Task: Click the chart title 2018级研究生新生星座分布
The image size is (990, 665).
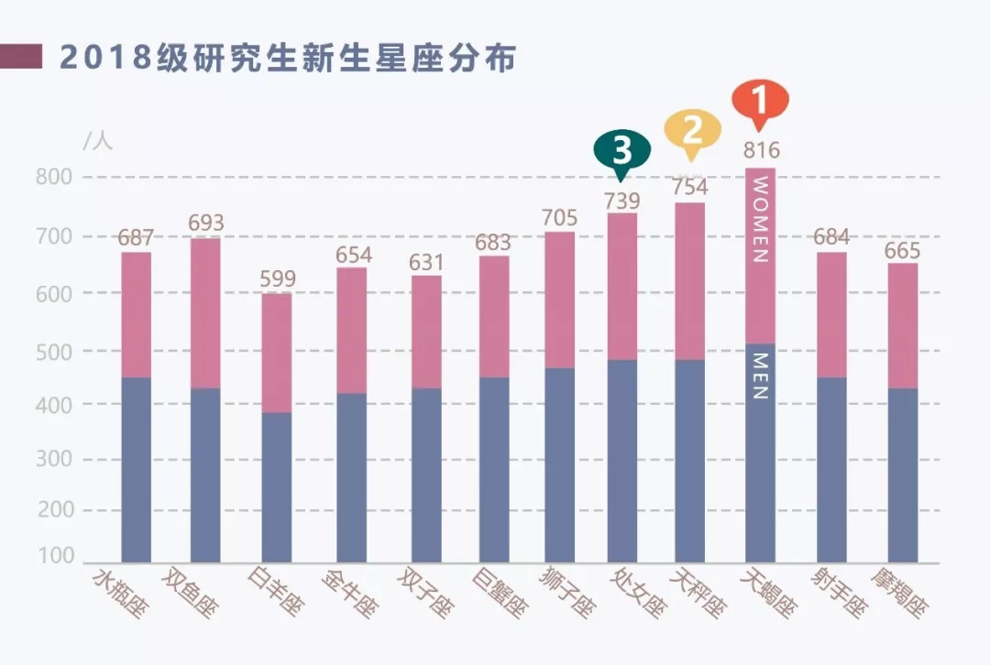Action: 288,58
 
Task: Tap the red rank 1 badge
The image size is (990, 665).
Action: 760,101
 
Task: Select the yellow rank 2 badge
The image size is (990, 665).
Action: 692,132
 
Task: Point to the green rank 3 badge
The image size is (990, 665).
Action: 622,151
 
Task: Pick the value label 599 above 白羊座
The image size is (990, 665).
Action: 278,278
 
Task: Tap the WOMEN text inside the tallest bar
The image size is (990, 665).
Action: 760,220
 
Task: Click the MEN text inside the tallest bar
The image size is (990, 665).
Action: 760,376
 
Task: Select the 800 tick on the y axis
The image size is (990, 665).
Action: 54,178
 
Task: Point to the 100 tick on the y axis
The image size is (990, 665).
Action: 56,555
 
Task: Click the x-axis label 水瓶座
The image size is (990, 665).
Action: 119,593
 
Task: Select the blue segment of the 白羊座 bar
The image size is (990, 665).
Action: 277,486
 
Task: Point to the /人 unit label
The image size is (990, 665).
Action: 97,140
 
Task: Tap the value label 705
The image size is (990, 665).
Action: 560,218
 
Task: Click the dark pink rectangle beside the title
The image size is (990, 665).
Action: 21,57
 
